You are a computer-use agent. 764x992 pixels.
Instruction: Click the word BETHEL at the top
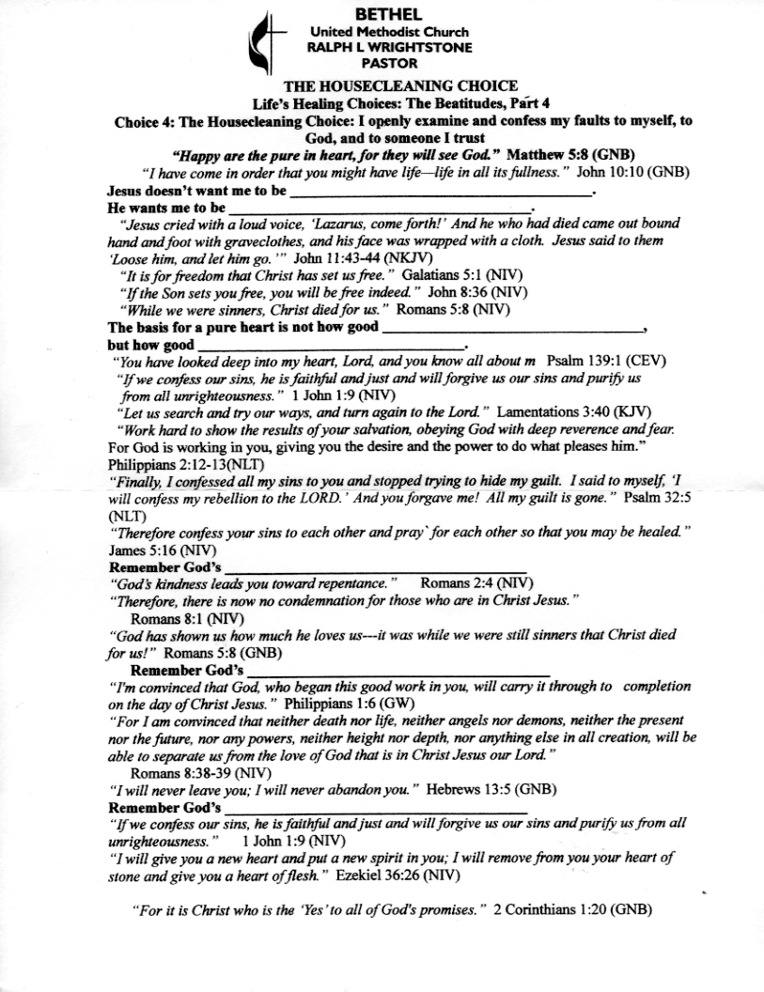click(x=388, y=14)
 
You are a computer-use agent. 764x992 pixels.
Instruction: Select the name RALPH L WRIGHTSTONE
click(x=388, y=47)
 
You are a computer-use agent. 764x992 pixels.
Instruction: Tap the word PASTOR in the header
click(x=388, y=63)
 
